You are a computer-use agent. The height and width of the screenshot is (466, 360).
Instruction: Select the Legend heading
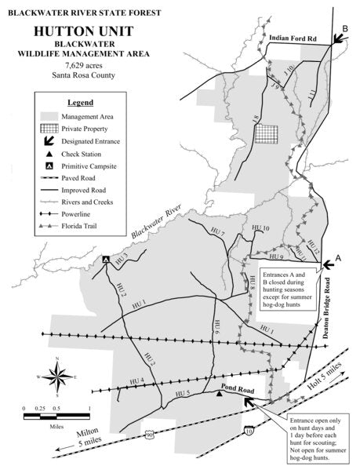pyautogui.click(x=80, y=103)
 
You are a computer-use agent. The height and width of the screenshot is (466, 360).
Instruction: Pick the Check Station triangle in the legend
pyautogui.click(x=49, y=154)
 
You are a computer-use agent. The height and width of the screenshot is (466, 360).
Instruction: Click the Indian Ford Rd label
pyautogui.click(x=293, y=36)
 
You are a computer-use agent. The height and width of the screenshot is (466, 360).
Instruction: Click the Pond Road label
pyautogui.click(x=235, y=388)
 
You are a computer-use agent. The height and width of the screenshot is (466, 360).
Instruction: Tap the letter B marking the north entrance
pyautogui.click(x=344, y=29)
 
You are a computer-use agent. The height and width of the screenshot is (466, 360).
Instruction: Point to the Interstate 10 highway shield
pyautogui.click(x=249, y=431)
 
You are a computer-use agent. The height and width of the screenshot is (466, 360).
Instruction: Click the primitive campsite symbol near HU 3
pyautogui.click(x=105, y=260)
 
